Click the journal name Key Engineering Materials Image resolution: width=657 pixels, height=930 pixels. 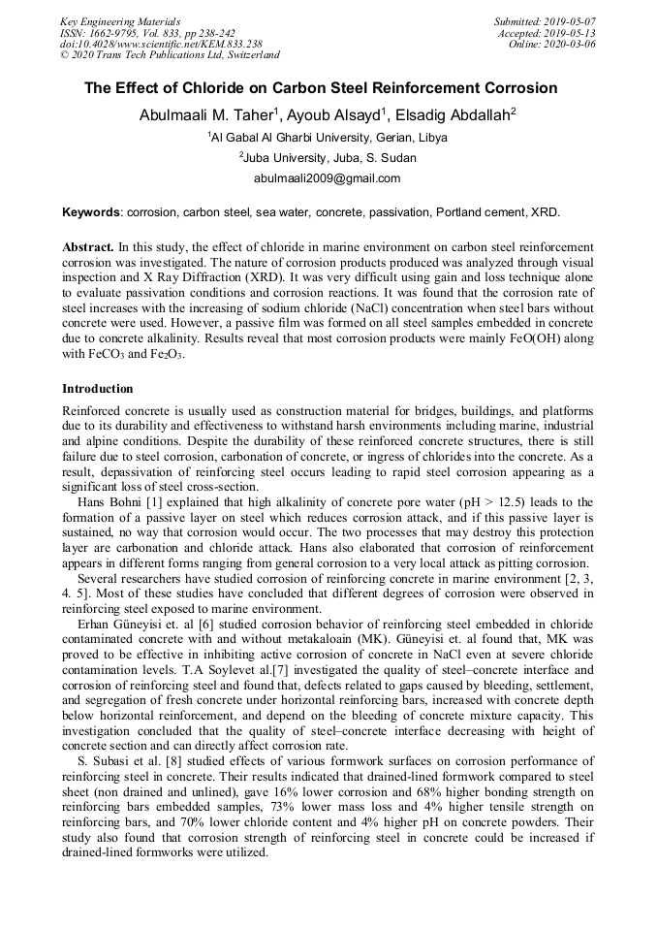tap(120, 20)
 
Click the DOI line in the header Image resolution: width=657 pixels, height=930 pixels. tap(161, 44)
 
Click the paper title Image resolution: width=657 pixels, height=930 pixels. tap(321, 88)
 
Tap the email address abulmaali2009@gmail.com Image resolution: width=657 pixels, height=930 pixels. tap(327, 178)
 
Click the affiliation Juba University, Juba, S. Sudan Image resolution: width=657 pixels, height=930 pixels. tap(328, 157)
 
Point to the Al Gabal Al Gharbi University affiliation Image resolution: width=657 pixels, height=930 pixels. tap(328, 138)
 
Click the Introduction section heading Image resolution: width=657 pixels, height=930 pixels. tap(97, 389)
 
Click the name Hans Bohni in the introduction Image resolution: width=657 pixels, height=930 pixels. tap(107, 501)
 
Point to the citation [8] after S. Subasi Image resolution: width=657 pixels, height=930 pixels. tap(162, 762)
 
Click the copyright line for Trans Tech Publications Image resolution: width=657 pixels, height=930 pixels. tap(170, 55)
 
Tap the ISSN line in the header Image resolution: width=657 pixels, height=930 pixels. tap(147, 32)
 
